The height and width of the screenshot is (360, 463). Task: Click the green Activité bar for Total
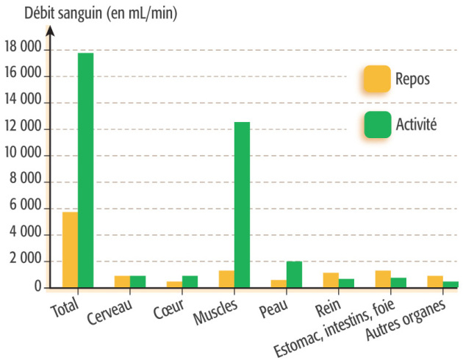coord(85,170)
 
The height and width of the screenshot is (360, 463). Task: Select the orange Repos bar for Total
coord(70,250)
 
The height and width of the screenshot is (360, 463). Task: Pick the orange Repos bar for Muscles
coord(226,279)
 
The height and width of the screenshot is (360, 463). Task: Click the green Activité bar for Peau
coord(294,274)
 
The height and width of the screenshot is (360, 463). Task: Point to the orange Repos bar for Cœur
coord(174,284)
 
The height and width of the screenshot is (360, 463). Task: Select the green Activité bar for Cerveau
coord(137,281)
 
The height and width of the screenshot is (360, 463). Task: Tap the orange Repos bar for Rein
coord(331,280)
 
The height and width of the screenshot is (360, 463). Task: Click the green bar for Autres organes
coord(451,284)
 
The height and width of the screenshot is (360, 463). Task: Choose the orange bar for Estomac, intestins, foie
coord(383,279)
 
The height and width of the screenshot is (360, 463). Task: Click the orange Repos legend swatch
coord(377,79)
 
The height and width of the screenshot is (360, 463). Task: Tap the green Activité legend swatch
coord(377,124)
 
